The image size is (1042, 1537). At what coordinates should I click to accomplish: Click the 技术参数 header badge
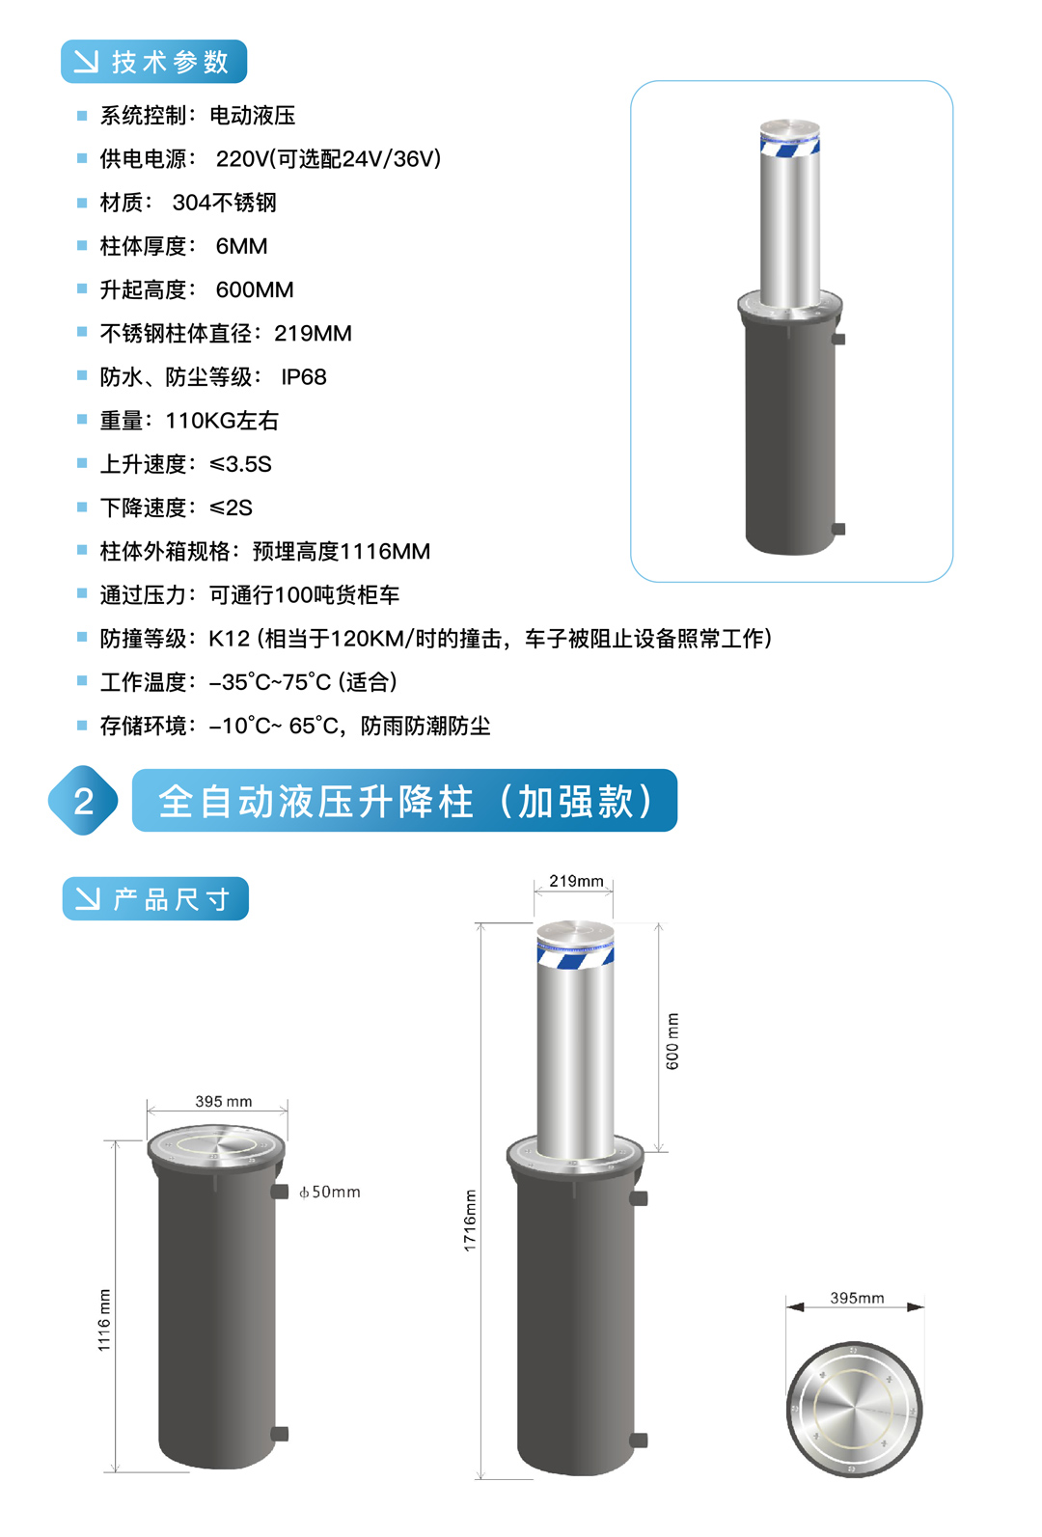(x=153, y=62)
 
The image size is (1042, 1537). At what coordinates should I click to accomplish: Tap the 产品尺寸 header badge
(x=155, y=898)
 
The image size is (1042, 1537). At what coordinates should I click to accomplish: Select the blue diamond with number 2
(x=83, y=800)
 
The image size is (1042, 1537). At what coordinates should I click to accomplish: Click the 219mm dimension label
(x=576, y=880)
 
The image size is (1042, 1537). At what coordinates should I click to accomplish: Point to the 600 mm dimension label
(x=672, y=1041)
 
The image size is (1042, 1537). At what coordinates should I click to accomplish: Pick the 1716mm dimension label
(x=470, y=1221)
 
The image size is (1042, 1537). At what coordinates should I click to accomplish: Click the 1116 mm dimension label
(x=103, y=1321)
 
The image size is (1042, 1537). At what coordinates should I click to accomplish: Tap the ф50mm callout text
(x=329, y=1192)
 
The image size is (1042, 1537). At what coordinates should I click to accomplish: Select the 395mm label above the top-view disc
(x=857, y=1298)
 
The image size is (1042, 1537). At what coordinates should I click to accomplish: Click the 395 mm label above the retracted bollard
(x=224, y=1101)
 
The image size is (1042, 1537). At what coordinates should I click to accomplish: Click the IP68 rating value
(x=303, y=376)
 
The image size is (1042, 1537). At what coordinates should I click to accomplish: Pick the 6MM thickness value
(x=241, y=246)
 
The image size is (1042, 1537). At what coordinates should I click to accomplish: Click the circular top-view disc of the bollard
(x=854, y=1409)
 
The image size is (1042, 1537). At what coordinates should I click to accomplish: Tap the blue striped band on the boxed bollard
(x=789, y=147)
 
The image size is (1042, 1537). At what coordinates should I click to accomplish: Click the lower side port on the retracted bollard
(x=279, y=1434)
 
